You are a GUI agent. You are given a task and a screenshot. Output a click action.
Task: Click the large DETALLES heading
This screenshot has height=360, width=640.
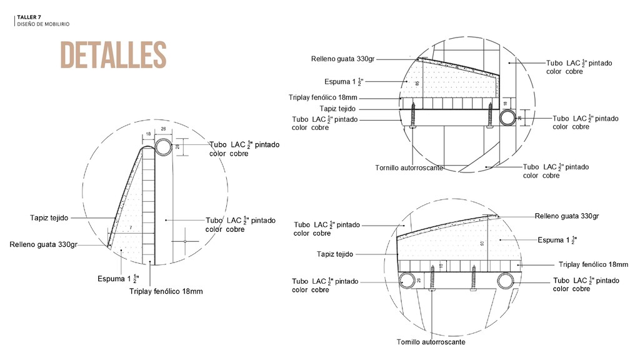113,55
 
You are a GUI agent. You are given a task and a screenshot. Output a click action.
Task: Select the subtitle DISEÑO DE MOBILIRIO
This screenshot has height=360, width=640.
43,24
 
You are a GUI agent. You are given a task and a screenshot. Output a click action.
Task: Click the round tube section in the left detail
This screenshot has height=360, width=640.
164,147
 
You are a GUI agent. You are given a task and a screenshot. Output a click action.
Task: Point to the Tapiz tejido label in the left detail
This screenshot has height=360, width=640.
49,218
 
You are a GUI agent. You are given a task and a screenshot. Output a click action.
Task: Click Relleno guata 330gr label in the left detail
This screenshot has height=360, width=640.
44,244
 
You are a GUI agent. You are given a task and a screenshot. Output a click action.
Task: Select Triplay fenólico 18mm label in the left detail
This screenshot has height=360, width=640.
166,291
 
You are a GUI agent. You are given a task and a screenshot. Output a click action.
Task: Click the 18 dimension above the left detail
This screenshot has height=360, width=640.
148,134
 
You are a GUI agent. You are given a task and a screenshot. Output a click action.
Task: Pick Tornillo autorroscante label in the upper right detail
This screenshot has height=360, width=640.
409,167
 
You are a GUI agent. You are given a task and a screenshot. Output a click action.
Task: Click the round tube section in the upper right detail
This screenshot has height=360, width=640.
507,117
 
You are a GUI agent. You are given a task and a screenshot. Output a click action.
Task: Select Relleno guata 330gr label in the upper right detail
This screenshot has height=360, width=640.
342,59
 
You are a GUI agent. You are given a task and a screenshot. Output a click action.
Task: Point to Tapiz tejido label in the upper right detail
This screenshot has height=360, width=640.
337,109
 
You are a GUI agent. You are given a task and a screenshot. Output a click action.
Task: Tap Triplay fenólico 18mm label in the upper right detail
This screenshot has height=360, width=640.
323,97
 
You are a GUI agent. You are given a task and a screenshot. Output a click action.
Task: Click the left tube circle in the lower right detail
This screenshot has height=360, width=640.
407,281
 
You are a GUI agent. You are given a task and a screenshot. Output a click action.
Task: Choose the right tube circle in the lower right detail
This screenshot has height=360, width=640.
505,281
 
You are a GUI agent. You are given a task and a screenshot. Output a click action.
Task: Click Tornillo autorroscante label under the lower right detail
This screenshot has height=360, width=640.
431,342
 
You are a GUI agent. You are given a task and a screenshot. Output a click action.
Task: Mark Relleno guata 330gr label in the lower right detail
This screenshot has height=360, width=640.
567,216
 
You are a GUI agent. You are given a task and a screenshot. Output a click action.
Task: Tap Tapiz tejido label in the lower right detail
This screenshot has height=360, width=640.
335,254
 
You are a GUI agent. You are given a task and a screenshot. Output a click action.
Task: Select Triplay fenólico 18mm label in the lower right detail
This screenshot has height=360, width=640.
593,265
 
